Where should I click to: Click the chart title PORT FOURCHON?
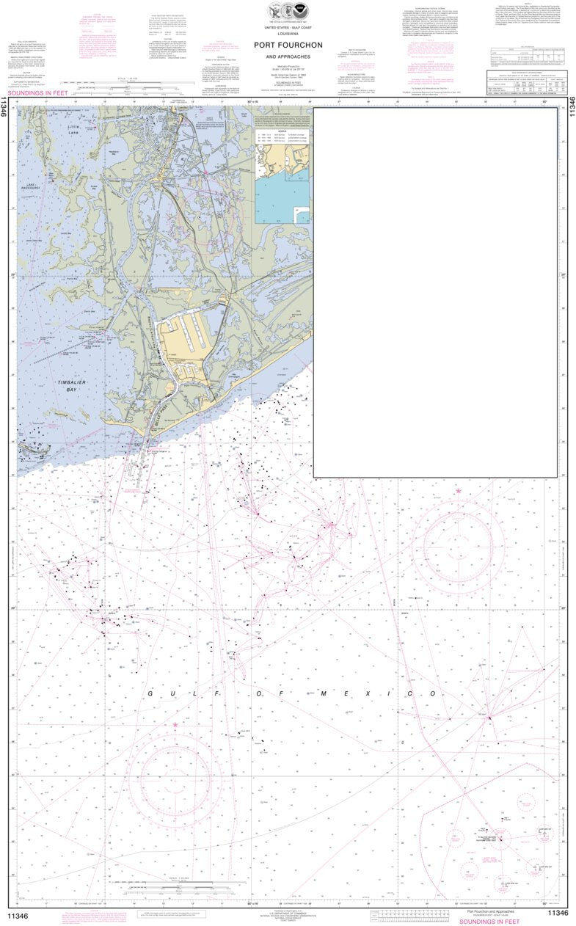(x=288, y=44)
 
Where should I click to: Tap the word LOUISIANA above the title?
(x=288, y=33)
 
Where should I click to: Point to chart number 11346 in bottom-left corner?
(x=18, y=912)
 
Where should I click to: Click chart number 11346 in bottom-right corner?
(x=558, y=912)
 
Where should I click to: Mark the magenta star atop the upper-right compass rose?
(x=459, y=490)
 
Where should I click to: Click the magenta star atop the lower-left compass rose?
(x=175, y=724)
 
